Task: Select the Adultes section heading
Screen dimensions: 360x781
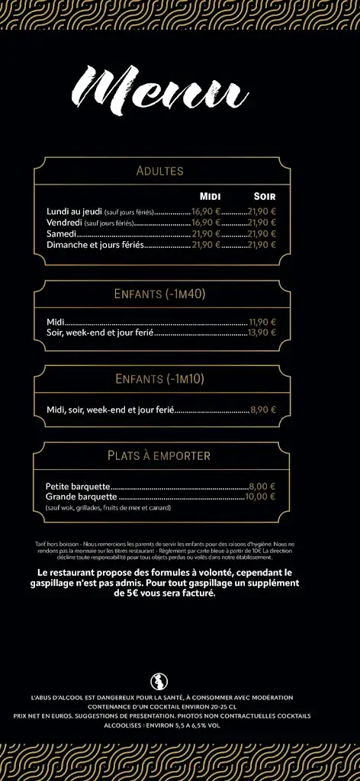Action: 159,171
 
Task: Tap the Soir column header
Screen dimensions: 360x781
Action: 264,197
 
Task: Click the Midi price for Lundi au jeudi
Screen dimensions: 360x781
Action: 206,212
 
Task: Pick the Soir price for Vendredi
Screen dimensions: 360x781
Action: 262,223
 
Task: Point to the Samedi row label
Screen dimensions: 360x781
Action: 61,234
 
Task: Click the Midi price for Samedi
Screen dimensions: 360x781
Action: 206,234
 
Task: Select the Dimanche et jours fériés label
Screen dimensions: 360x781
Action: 95,245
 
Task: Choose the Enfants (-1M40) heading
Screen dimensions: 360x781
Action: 160,294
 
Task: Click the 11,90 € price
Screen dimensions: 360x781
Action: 262,322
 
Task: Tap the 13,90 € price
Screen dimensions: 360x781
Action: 262,333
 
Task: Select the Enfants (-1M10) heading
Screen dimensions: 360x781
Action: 160,379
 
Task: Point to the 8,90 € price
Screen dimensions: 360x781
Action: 263,410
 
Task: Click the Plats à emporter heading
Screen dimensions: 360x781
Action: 159,456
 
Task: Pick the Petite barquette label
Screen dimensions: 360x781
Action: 78,486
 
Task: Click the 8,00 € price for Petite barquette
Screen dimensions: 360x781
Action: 262,486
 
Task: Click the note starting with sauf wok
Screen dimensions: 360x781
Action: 108,507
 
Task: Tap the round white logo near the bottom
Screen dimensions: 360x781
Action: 159,681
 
